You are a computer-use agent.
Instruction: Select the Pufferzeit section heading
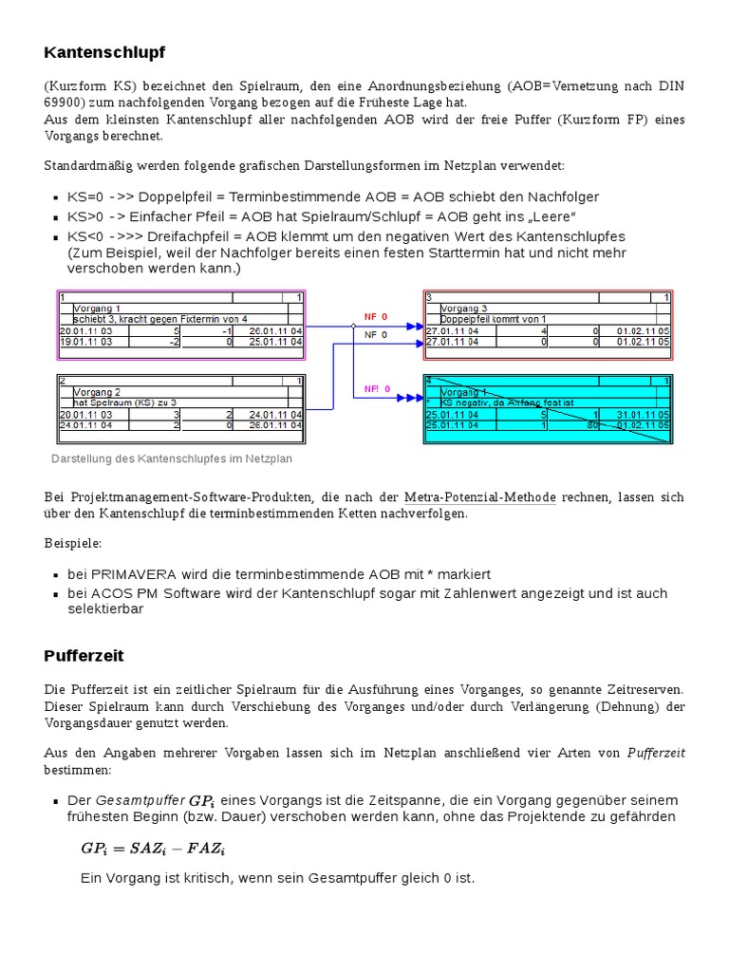point(84,656)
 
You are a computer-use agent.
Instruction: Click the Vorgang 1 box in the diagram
point(181,325)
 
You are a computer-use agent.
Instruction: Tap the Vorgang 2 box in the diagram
point(181,409)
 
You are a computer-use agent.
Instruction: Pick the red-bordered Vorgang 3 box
point(548,325)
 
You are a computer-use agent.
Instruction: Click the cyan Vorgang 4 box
point(548,409)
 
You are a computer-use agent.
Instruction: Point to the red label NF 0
point(377,316)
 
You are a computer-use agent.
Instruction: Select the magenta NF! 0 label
point(377,389)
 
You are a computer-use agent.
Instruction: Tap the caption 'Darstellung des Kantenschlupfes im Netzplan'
point(171,458)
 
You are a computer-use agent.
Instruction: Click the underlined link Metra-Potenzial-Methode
point(479,497)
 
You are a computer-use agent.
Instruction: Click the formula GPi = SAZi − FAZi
point(153,849)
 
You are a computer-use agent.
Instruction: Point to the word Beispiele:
point(72,544)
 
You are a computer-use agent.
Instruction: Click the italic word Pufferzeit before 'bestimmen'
point(656,753)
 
